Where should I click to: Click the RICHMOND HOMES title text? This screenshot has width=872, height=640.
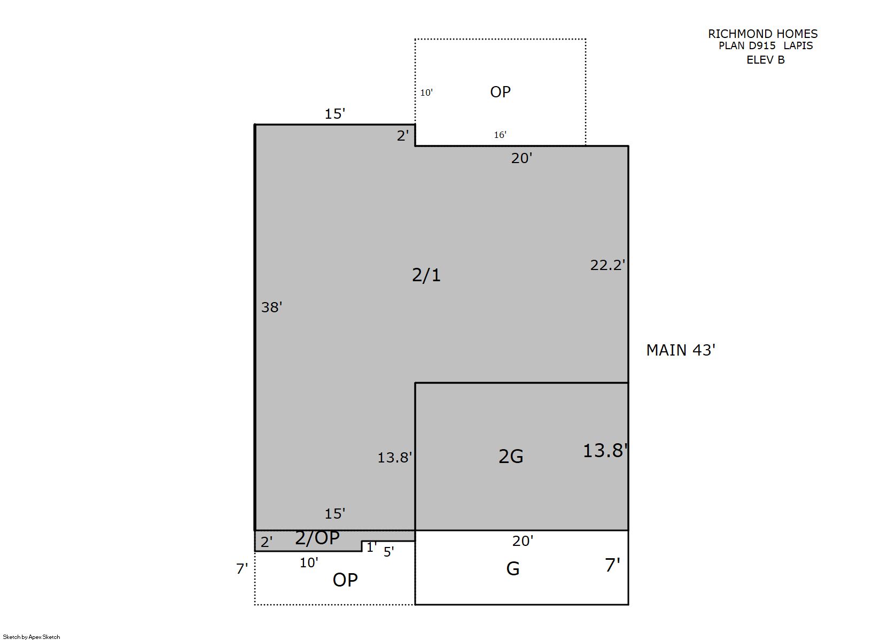pos(762,34)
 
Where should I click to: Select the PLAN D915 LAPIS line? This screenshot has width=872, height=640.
pos(765,46)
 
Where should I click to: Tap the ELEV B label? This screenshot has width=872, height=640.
pos(765,60)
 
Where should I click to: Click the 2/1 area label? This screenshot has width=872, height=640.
pos(426,275)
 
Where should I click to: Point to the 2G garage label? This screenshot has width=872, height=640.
pos(511,456)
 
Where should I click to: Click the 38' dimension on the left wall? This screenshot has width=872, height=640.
pos(271,307)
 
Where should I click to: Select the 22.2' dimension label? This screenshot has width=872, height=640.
pos(608,265)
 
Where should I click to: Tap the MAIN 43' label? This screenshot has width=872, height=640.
pos(681,350)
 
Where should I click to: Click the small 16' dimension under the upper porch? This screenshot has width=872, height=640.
pos(500,135)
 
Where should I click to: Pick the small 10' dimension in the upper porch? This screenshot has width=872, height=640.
pos(427,92)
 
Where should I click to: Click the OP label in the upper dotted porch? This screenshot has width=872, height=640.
pos(500,92)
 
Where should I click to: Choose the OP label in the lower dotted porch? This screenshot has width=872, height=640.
pos(345,581)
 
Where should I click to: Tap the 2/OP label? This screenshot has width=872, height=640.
pos(317,538)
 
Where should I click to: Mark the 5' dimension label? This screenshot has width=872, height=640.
pos(389,552)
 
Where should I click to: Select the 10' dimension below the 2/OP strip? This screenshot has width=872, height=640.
pos(309,563)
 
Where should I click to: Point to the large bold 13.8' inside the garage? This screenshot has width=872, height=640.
pos(605,451)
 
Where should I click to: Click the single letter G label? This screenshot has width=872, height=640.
pos(513,569)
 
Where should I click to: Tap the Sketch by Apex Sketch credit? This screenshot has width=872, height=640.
pos(32,637)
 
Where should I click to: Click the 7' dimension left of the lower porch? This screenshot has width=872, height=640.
pos(242,569)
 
